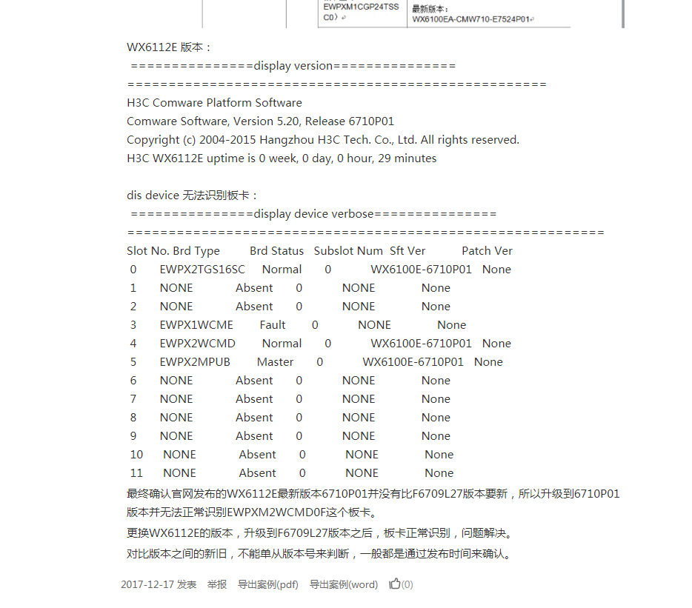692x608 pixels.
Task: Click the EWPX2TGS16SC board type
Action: click(202, 270)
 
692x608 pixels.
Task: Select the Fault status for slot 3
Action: click(273, 325)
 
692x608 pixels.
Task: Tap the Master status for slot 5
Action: click(276, 362)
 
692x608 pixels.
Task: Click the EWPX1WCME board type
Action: click(196, 325)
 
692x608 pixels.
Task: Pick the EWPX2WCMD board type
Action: click(198, 344)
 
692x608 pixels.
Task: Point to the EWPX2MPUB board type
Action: click(195, 362)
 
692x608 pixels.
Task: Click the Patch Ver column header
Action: click(487, 251)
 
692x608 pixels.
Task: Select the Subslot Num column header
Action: click(348, 251)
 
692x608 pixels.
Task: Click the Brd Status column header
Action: click(277, 251)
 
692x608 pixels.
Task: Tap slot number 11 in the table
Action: click(136, 473)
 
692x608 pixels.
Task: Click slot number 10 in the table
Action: click(136, 455)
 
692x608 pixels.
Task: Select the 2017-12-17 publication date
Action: click(147, 584)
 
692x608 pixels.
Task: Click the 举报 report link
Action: click(217, 584)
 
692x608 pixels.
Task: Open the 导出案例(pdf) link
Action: click(267, 584)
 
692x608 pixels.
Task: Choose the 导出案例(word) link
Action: click(343, 584)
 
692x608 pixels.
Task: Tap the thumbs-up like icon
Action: click(395, 584)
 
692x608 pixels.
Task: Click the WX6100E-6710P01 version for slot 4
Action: click(421, 344)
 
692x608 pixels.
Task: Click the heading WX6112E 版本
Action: click(169, 47)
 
